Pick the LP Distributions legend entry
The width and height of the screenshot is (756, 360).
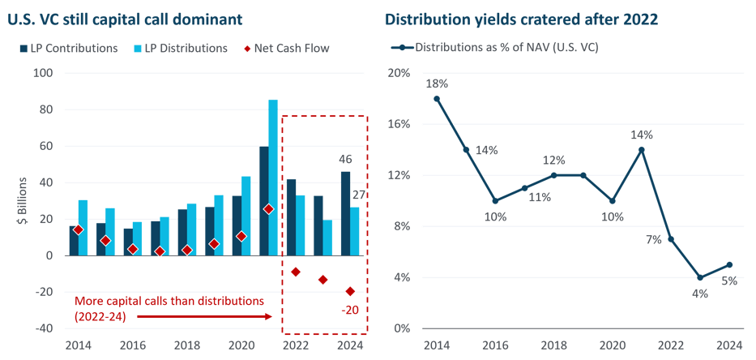(182, 48)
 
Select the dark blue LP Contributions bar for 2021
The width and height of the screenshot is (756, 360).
(263, 201)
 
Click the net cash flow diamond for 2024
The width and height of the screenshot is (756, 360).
(350, 291)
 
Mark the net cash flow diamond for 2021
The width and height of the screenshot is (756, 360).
(268, 208)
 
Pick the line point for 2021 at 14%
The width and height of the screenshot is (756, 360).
(641, 149)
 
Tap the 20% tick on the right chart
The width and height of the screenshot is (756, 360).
(402, 73)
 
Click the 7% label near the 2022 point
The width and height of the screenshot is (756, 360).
(653, 239)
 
